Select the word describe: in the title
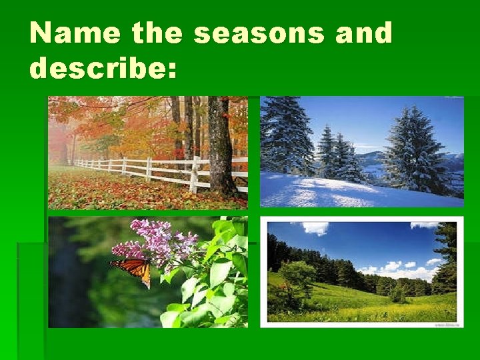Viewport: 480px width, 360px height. click(x=104, y=67)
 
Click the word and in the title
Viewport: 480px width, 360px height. click(x=364, y=33)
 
